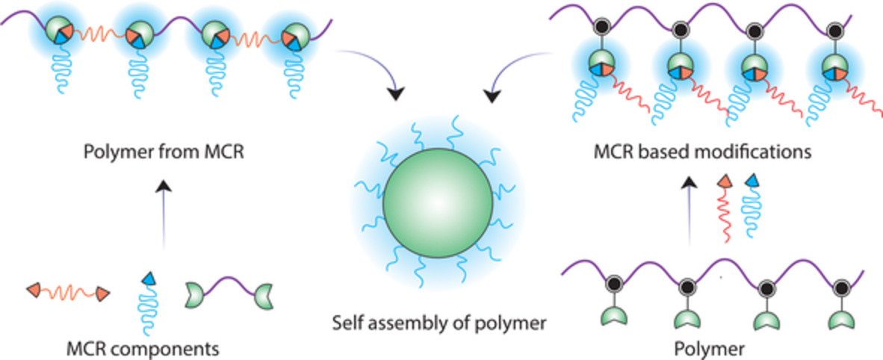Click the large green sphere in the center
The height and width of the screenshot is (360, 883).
tap(438, 203)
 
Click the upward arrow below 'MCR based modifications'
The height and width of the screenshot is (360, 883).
tap(691, 217)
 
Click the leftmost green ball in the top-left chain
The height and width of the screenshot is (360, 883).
tap(57, 31)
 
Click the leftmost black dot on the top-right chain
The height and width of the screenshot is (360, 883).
tap(601, 29)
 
